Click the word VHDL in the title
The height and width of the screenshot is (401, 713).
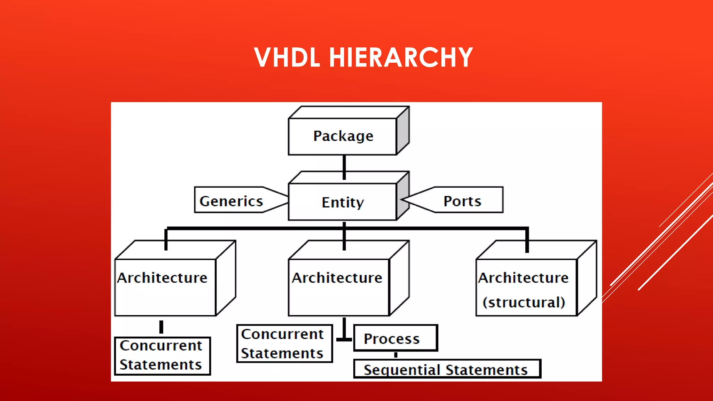[x=287, y=57]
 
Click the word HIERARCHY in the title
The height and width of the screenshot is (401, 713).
[x=401, y=57]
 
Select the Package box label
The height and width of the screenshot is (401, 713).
[x=343, y=136]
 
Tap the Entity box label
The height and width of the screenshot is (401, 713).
[x=343, y=202]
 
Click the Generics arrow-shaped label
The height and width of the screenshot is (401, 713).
[x=231, y=201]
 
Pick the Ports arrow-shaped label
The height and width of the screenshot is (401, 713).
[x=462, y=201]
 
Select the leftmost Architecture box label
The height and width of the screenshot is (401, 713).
[x=162, y=278]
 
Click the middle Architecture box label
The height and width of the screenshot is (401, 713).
[x=337, y=278]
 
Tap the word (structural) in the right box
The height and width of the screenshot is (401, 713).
[x=524, y=302]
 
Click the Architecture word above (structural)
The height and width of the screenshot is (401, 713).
[x=523, y=278]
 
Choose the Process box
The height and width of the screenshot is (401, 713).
[x=395, y=338]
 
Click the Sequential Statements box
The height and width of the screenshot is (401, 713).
[x=447, y=369]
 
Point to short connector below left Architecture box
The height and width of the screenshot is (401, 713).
[x=161, y=327]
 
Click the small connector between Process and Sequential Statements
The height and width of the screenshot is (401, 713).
[x=396, y=355]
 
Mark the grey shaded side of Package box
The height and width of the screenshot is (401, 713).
[x=403, y=131]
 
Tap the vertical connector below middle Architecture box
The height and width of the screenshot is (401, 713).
[x=344, y=328]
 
